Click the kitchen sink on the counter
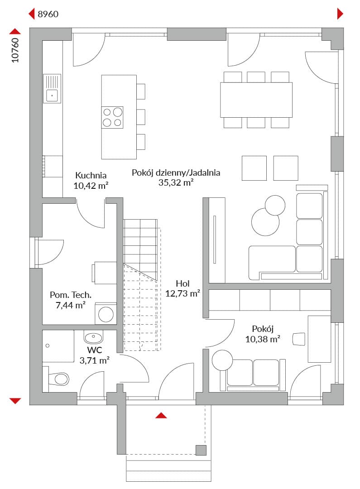tap(52, 89)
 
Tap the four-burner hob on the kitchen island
tap(112, 117)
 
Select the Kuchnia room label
tap(91, 175)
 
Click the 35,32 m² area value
tap(176, 182)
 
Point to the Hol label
tap(182, 283)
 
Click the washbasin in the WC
tap(93, 337)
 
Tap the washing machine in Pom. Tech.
tap(106, 314)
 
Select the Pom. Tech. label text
tap(71, 295)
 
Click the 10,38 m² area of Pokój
tap(263, 339)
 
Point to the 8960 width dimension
tap(48, 14)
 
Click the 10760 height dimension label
tap(15, 50)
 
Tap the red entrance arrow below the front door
tap(161, 415)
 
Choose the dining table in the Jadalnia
tap(256, 100)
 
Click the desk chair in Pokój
tap(298, 339)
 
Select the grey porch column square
tap(201, 451)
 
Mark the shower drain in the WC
tap(48, 345)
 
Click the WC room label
tap(95, 350)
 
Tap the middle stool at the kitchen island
tap(141, 117)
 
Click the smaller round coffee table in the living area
tap(275, 205)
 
